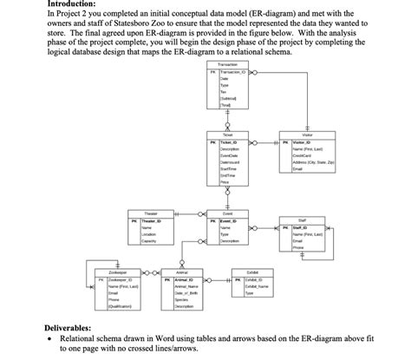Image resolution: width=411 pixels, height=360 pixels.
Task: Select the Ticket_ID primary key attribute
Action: tap(231, 141)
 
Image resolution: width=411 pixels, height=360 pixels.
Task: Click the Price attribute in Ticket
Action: tap(225, 184)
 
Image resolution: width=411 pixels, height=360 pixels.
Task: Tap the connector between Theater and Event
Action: tap(189, 220)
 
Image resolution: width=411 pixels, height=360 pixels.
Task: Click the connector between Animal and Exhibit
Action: tap(224, 279)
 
